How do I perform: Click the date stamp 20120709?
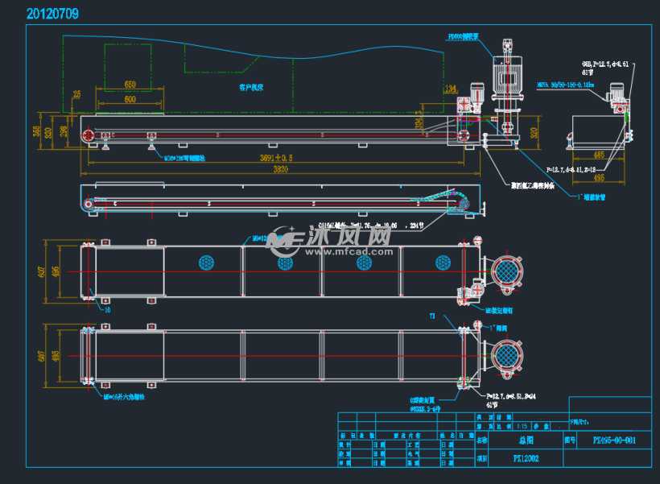pos(52,14)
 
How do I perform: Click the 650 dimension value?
pos(130,85)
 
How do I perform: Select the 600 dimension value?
pos(130,99)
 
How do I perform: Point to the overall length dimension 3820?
pos(279,170)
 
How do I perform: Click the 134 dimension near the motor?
pos(450,89)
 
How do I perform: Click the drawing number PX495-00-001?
pos(614,441)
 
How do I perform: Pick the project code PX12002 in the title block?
pos(526,458)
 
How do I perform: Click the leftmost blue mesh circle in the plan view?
pos(206,263)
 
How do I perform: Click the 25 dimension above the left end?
pos(76,94)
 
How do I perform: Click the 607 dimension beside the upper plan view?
pos(42,271)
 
